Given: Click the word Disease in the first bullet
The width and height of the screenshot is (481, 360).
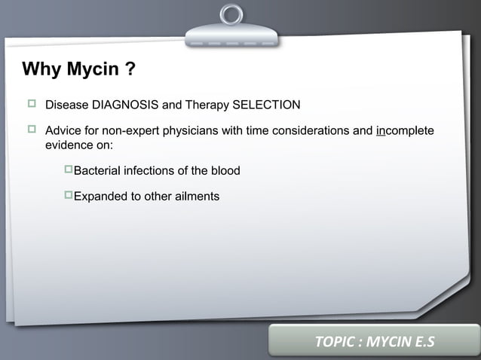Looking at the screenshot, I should (67, 104).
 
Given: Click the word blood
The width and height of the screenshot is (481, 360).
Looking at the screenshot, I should (225, 171).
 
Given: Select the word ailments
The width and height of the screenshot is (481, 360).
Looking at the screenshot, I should (195, 197).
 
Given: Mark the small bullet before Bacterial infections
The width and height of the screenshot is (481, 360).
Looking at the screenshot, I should (68, 170).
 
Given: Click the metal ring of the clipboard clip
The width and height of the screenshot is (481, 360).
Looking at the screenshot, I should (231, 14).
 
